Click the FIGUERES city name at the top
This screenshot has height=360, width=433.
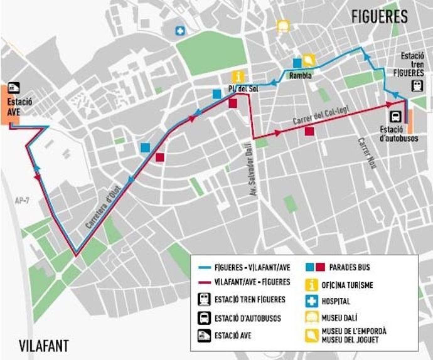(379, 16)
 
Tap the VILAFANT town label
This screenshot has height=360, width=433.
(43, 346)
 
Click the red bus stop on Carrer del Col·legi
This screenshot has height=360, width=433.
(309, 131)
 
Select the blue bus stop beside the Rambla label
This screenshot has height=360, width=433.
(297, 63)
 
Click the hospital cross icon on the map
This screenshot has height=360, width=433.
(181, 30)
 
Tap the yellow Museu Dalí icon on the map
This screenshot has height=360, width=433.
(282, 26)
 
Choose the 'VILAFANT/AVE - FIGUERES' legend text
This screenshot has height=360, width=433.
(252, 282)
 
